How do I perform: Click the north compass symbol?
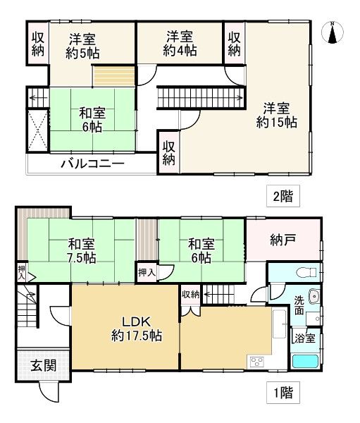[333, 32]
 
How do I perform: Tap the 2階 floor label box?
[283, 196]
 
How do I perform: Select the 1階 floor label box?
[283, 393]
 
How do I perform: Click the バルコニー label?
[92, 164]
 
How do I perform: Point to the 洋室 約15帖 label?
[277, 116]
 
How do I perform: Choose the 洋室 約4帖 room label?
[180, 44]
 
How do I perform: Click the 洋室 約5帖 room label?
[82, 46]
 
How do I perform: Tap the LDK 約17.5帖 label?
[137, 329]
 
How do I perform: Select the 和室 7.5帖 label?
[82, 251]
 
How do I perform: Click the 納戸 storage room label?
[283, 240]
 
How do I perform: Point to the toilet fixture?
[306, 272]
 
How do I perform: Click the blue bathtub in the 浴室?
[305, 362]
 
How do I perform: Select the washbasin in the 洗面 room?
[314, 296]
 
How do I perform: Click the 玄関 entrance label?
[44, 366]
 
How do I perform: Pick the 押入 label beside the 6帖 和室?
[147, 272]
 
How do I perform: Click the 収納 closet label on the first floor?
[191, 295]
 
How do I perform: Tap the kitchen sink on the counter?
[279, 324]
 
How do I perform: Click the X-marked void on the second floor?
[38, 130]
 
